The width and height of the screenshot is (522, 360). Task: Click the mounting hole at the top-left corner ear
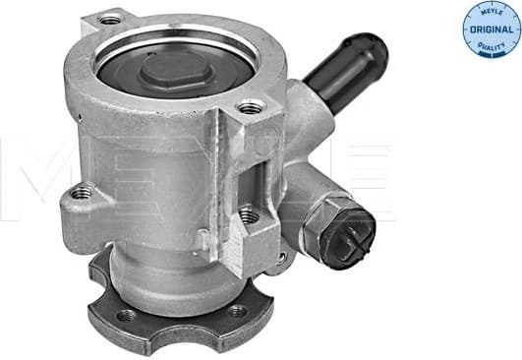click(x=110, y=20)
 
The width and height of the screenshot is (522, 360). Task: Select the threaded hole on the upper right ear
click(x=252, y=107)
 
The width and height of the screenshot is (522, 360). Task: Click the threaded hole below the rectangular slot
click(x=250, y=213)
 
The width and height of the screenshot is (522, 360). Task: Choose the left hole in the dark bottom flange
click(x=126, y=317)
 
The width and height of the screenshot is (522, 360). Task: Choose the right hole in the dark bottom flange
click(x=237, y=311)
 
